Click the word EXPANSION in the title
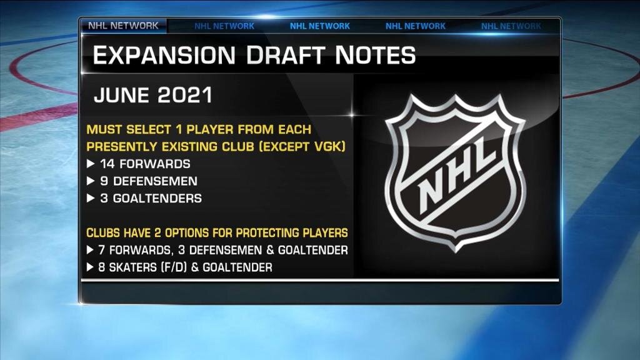tap(164, 55)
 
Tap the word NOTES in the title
tap(376, 55)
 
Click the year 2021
tap(185, 95)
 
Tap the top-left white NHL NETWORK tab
tap(123, 26)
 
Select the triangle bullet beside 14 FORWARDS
tap(91, 164)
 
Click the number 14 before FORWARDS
tap(107, 164)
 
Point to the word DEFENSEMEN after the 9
tap(155, 181)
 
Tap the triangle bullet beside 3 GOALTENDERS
tap(91, 198)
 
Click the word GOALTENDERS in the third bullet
tap(157, 198)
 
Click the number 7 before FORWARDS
tap(102, 250)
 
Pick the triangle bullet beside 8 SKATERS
tap(90, 267)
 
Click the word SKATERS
tap(132, 267)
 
